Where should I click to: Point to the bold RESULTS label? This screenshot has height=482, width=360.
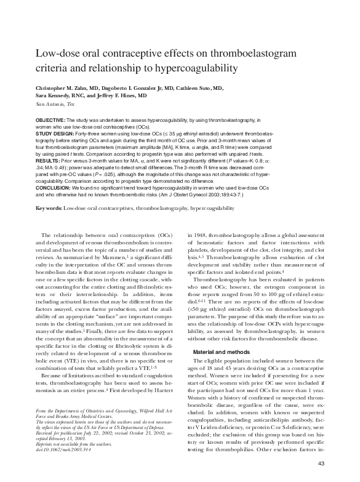tap(49, 159)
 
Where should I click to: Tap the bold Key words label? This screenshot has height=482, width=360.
tap(49, 209)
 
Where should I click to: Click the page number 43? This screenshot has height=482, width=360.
tap(321, 463)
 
